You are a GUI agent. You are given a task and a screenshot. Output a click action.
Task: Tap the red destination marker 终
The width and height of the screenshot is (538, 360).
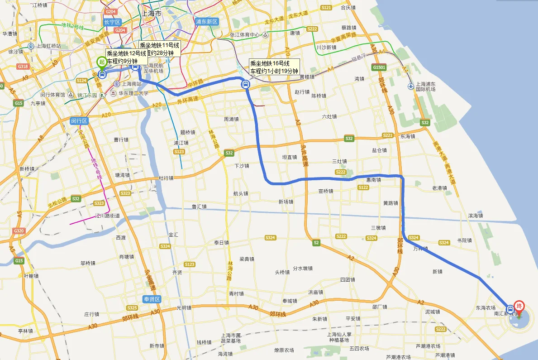(519, 307)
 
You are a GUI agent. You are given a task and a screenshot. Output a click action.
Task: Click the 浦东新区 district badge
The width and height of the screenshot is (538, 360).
(207, 21)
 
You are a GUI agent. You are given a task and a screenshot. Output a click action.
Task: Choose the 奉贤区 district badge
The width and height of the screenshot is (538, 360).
(152, 299)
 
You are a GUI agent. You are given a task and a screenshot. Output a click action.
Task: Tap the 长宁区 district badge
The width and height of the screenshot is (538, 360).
(111, 22)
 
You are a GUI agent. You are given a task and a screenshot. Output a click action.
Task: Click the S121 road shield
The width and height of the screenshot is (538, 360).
(326, 8)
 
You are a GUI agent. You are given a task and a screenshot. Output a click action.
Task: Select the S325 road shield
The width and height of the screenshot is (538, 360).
(132, 308)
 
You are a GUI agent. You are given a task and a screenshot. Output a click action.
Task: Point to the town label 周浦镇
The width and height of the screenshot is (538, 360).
(232, 120)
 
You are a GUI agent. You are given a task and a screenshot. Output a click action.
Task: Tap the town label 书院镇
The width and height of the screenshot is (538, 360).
(464, 240)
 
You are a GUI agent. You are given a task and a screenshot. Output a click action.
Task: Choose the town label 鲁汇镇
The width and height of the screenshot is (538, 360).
(199, 206)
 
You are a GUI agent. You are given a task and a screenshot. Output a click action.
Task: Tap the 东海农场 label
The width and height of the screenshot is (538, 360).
(486, 308)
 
